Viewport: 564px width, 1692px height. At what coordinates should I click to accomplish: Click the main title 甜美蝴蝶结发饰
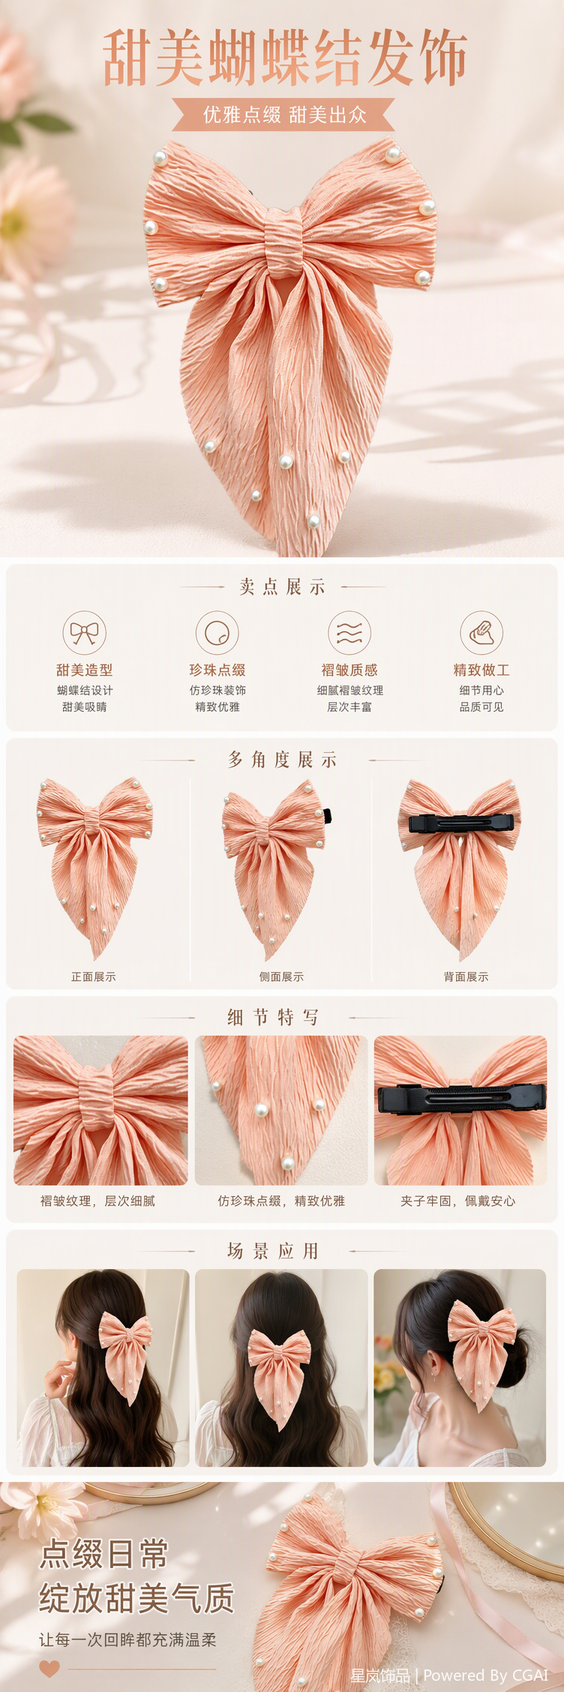[284, 58]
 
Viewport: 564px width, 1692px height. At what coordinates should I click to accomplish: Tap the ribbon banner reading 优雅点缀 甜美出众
[283, 115]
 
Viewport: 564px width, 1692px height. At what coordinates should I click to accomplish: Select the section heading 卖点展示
[282, 587]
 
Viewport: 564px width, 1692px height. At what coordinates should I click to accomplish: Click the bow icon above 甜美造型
[84, 632]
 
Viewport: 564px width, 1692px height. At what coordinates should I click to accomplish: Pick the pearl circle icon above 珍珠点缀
[217, 632]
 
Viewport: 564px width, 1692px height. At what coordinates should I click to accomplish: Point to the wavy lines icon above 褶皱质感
[349, 632]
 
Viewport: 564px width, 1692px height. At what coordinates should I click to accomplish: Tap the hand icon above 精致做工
[481, 632]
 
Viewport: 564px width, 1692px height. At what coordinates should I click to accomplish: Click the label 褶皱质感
[349, 670]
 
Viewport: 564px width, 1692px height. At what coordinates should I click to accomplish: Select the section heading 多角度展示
[282, 760]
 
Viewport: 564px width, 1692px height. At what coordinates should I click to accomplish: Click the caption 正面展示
[94, 976]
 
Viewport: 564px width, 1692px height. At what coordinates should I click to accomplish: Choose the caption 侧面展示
[281, 976]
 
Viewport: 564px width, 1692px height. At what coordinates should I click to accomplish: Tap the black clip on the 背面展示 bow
[461, 823]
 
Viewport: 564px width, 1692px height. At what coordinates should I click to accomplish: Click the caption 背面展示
[466, 976]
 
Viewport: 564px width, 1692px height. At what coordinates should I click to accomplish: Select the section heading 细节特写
[273, 1018]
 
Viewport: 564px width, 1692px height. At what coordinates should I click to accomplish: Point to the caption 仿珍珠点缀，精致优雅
[281, 1201]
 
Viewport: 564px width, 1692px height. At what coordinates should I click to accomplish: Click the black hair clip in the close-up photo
[461, 1099]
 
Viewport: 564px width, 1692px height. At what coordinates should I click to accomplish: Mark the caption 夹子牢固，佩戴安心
[457, 1201]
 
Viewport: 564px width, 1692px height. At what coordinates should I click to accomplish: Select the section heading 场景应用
[273, 1251]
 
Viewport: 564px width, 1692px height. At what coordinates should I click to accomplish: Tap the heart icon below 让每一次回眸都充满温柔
[49, 1669]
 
